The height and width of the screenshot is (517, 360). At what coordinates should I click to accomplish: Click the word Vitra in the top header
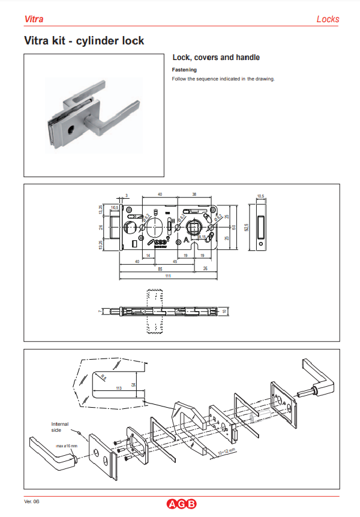33,19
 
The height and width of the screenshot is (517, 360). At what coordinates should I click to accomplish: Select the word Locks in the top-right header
328,19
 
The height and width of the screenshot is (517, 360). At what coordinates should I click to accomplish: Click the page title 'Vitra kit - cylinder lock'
83,41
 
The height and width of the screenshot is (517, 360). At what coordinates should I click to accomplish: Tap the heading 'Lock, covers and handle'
216,58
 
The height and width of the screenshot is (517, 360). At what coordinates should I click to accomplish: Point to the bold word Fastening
184,70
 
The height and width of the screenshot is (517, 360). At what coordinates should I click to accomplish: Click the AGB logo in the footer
181,504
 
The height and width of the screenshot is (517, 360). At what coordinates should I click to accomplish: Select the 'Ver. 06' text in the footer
32,501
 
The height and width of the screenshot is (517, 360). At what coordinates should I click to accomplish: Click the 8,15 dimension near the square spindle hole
202,238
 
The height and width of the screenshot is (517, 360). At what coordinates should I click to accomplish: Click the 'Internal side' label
60,427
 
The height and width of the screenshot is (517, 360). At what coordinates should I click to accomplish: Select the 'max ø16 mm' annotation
67,446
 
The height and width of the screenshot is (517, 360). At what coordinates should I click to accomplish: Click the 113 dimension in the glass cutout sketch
118,389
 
